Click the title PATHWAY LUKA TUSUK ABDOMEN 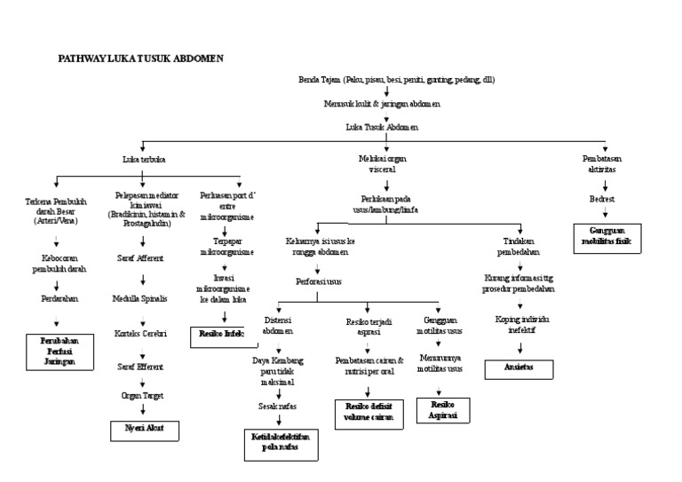(x=140, y=58)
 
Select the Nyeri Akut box (x=144, y=431)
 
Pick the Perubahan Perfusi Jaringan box (x=58, y=351)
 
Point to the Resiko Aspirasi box (x=441, y=409)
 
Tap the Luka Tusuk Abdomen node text (x=381, y=126)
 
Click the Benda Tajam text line (x=396, y=80)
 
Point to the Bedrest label (x=602, y=200)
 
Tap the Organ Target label (x=142, y=395)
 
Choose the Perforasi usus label (x=319, y=281)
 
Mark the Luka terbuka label (x=144, y=160)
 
